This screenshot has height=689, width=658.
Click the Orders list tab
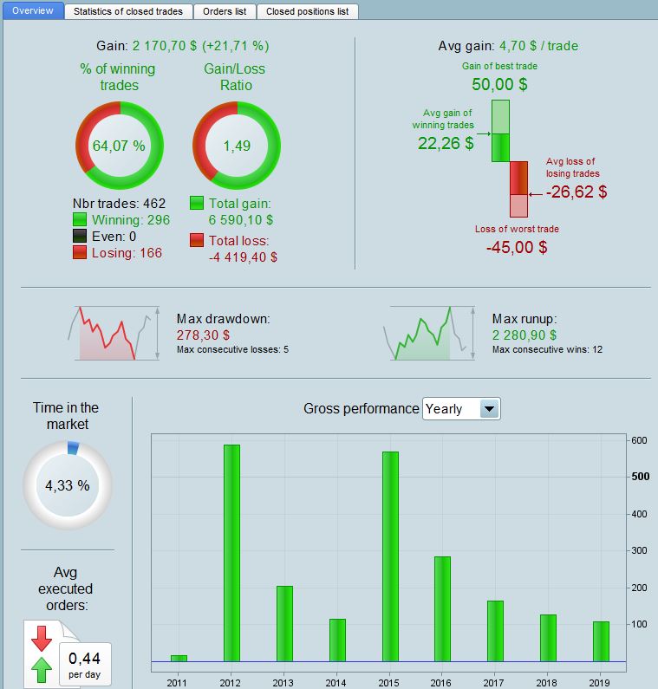pyautogui.click(x=223, y=12)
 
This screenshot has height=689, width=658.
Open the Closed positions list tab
pyautogui.click(x=307, y=12)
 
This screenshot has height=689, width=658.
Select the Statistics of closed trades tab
pyautogui.click(x=127, y=12)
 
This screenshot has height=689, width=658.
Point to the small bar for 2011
pyautogui.click(x=179, y=658)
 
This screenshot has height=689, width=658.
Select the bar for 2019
pyautogui.click(x=601, y=641)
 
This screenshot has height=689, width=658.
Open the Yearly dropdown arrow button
pyautogui.click(x=489, y=409)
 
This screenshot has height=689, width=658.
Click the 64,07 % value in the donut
pyautogui.click(x=119, y=146)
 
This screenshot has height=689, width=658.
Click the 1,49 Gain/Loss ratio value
pyautogui.click(x=237, y=146)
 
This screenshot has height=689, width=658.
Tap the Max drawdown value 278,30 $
pyautogui.click(x=203, y=335)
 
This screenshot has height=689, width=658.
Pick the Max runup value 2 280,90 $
pyautogui.click(x=524, y=335)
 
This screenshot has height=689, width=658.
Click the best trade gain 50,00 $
pyautogui.click(x=499, y=84)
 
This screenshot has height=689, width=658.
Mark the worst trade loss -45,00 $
pyautogui.click(x=517, y=247)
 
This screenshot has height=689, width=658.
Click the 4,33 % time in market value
pyautogui.click(x=67, y=485)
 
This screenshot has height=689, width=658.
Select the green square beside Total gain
pyautogui.click(x=197, y=204)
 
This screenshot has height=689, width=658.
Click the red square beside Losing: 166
pyautogui.click(x=80, y=252)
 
